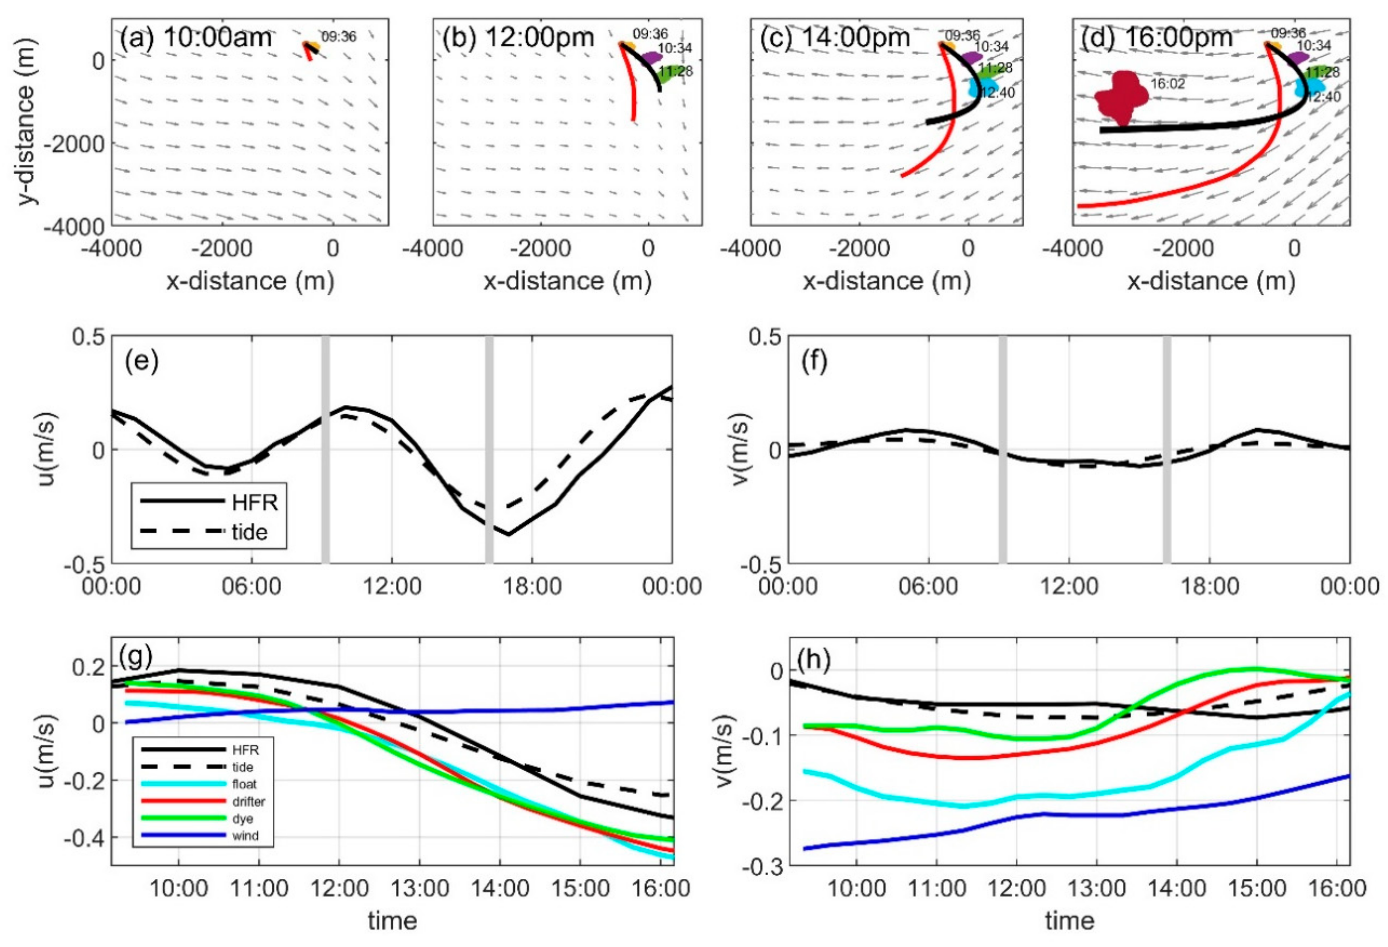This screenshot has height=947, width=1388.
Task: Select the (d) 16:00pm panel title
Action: [x=1156, y=38]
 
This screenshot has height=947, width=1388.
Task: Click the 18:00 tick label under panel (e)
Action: [x=531, y=587]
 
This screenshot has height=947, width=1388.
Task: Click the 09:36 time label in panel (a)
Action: [x=339, y=37]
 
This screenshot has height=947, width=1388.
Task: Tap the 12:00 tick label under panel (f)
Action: [x=1069, y=587]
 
